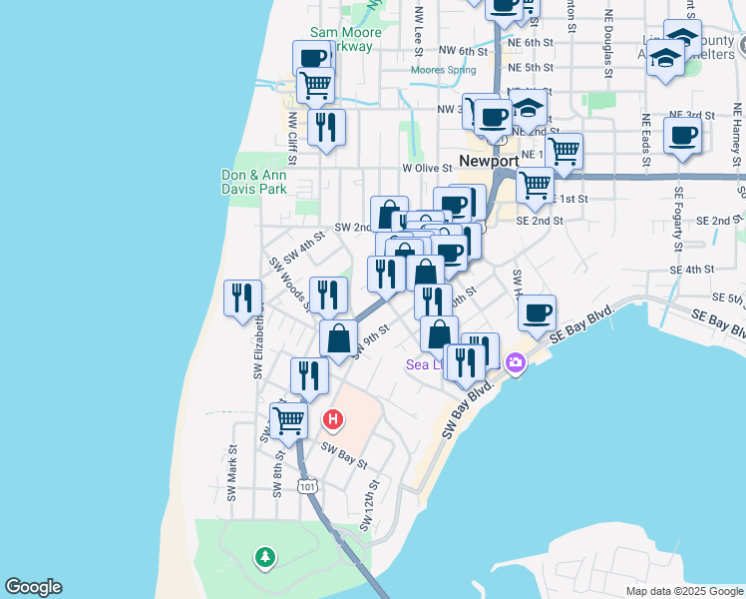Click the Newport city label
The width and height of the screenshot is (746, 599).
(x=489, y=161)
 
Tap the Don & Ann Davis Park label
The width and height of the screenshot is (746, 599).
(x=253, y=182)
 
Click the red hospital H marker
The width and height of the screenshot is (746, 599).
(x=334, y=419)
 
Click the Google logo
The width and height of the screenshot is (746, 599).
(x=33, y=587)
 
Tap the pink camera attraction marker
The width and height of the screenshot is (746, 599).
(x=516, y=362)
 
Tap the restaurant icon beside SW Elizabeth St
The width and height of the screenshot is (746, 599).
(x=242, y=298)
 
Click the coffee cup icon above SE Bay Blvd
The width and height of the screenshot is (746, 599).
(x=537, y=312)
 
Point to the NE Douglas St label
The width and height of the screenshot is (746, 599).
(x=607, y=46)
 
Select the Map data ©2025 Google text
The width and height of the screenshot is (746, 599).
(x=683, y=591)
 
